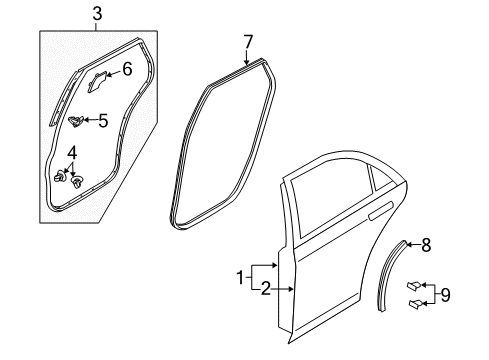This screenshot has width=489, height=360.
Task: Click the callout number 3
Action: tap(97, 14)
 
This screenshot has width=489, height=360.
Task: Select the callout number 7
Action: tap(248, 42)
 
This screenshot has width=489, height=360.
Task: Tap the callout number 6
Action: tap(127, 69)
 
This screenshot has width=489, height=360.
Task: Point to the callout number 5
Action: tap(103, 121)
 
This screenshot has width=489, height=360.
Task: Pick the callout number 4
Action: tap(72, 153)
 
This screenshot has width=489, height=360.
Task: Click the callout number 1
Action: tap(240, 278)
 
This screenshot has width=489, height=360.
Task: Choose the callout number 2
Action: tap(265, 289)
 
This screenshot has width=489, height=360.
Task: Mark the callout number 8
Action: tap(426, 245)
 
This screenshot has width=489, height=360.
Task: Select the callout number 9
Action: tap(445, 295)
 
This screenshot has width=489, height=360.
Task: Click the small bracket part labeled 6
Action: tap(96, 82)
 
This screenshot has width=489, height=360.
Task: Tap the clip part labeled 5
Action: tap(76, 121)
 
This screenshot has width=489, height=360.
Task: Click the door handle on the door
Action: tap(381, 211)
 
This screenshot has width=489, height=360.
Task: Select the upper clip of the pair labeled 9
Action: tap(414, 286)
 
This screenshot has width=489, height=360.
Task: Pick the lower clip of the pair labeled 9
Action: tap(415, 303)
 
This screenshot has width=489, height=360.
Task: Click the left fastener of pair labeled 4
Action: tap(59, 176)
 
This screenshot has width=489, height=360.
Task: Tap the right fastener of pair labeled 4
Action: tap(77, 182)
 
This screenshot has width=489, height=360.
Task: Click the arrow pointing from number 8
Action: tap(413, 245)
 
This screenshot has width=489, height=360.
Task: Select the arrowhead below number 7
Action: tap(246, 62)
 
